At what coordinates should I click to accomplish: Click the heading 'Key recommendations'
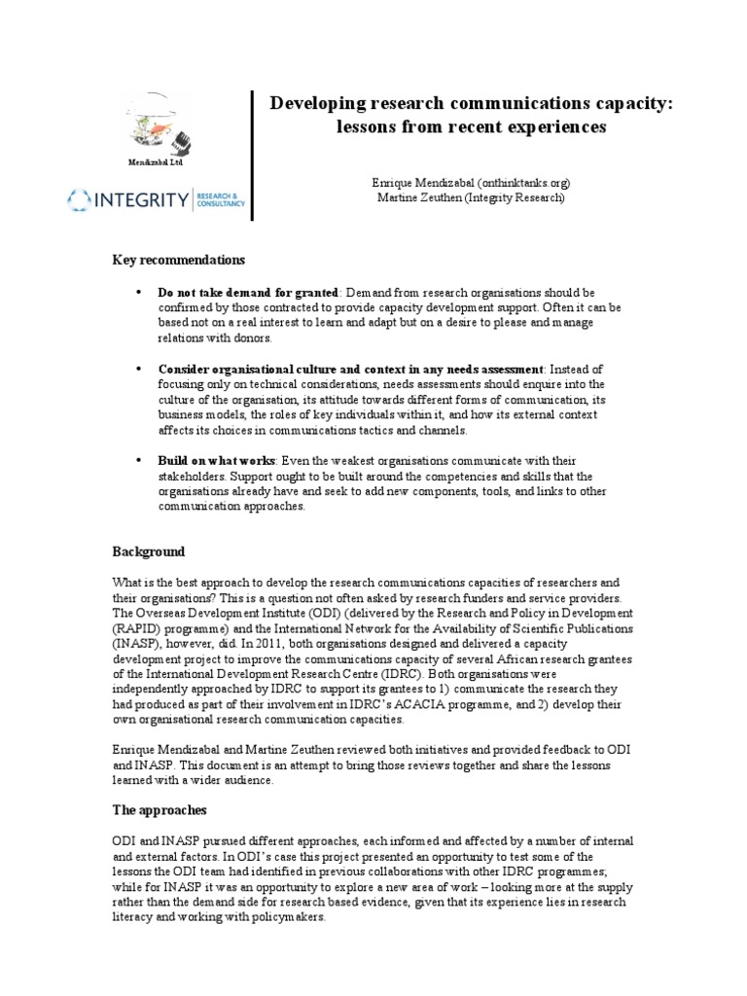(x=179, y=260)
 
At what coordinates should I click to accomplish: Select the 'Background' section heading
(x=149, y=551)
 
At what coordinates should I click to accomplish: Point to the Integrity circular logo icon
(x=81, y=200)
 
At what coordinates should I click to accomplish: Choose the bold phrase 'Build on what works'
(x=217, y=459)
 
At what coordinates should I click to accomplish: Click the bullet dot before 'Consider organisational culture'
(x=137, y=369)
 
